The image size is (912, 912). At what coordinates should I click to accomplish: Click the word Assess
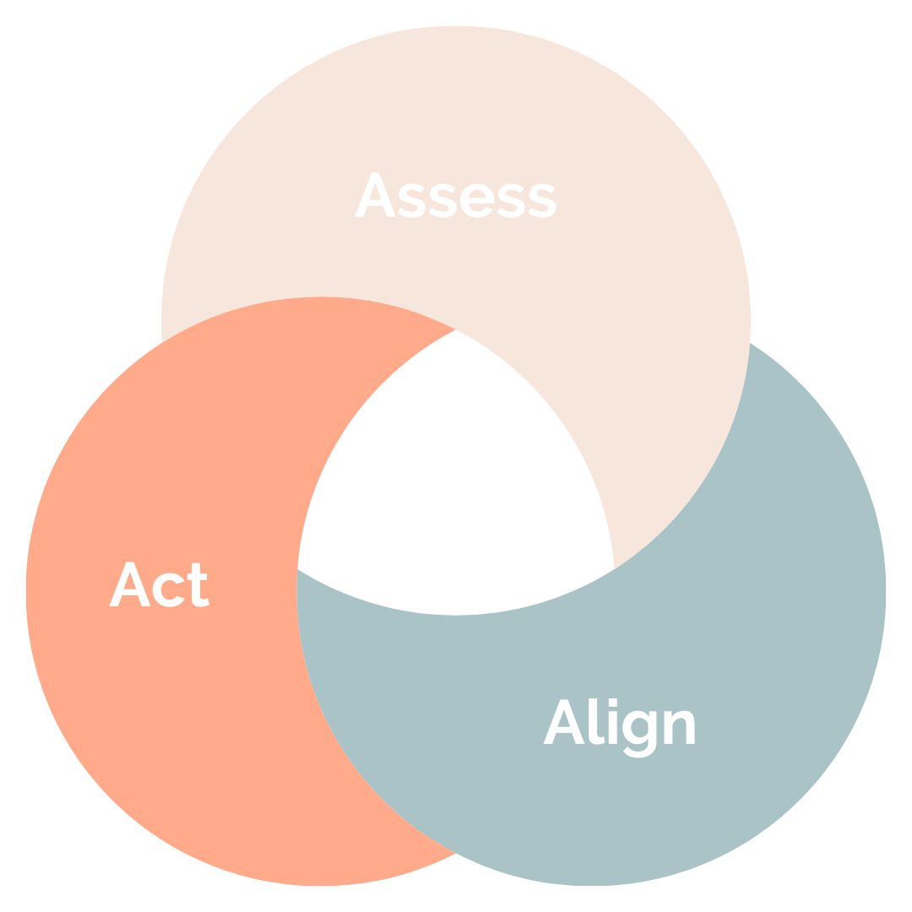[456, 196]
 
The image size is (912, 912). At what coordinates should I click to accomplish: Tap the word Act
[160, 584]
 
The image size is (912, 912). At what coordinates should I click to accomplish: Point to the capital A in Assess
[377, 196]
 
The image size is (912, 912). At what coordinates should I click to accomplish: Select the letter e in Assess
[472, 201]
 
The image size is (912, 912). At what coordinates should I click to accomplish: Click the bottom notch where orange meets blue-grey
[456, 853]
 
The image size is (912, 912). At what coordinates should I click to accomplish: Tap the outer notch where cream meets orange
[161, 341]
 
